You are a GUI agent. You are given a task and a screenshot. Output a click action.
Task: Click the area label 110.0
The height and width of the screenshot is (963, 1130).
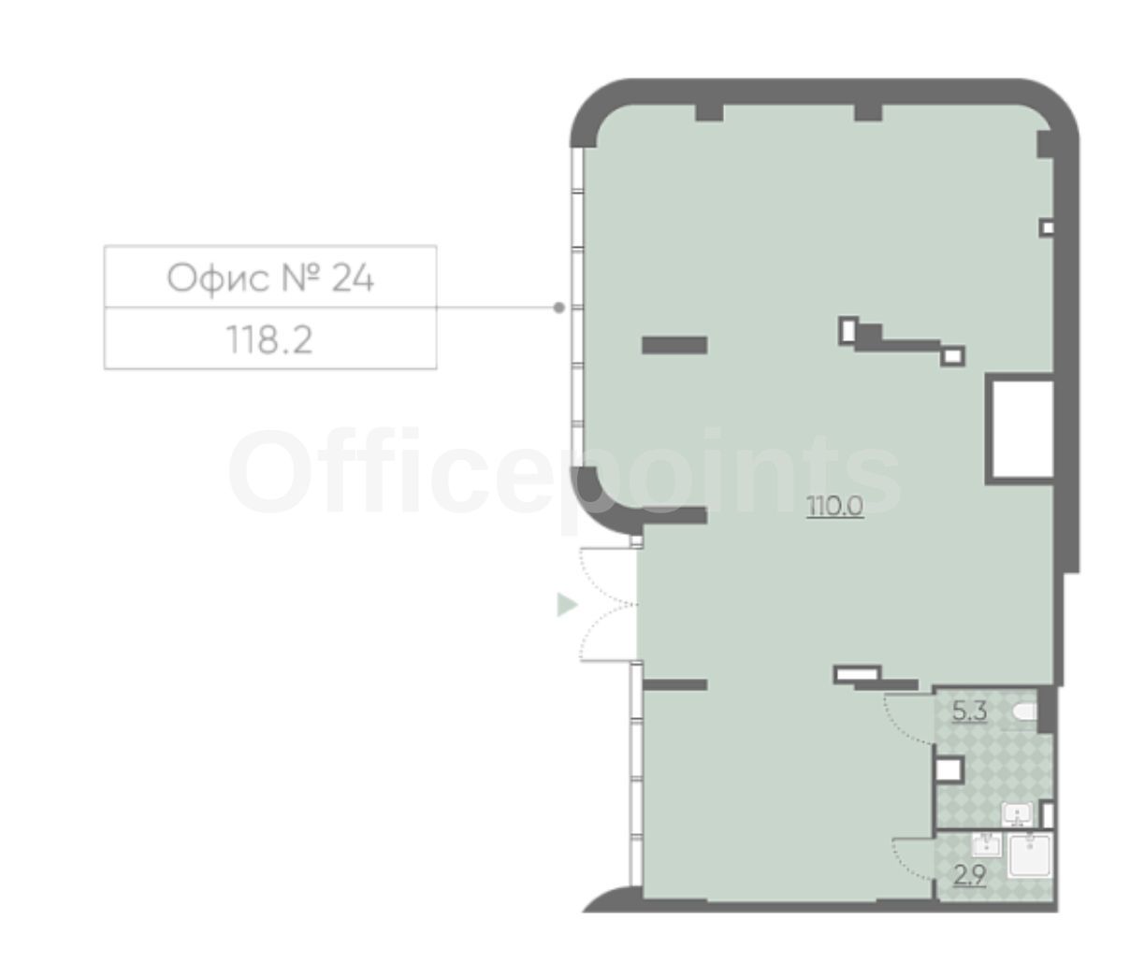click(834, 507)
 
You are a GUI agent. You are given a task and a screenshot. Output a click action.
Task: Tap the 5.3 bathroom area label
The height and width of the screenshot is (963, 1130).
click(969, 711)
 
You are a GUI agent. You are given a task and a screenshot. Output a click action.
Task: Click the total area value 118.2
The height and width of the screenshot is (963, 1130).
click(269, 339)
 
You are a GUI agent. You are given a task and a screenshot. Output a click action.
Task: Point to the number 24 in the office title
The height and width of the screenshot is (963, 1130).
click(353, 279)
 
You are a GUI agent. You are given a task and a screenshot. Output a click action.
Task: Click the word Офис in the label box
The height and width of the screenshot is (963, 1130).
click(218, 280)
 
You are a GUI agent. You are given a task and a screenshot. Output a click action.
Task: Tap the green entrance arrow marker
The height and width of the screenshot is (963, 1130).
click(567, 605)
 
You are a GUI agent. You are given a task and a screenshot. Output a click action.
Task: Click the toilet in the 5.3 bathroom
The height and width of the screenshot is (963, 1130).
click(1024, 711)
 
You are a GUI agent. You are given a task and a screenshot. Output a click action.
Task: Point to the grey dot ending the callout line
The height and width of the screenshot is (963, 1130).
click(558, 308)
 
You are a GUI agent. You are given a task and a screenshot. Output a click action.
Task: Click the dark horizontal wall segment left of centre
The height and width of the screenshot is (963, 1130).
click(674, 345)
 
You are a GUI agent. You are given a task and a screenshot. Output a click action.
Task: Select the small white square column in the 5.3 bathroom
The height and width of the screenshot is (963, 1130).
click(949, 769)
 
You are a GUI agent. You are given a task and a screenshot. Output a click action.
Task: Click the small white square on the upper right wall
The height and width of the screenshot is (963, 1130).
click(1047, 227)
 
